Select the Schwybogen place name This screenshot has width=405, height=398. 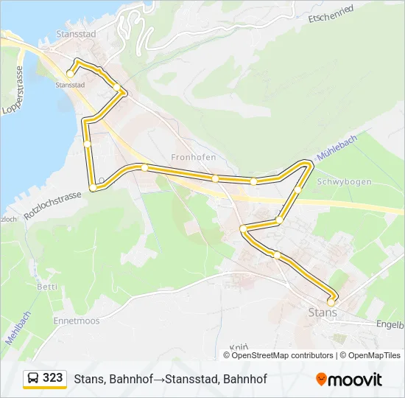pyautogui.click(x=344, y=181)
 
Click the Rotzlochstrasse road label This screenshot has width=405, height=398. pyautogui.click(x=52, y=205)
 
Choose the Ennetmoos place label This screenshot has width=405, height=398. pyautogui.click(x=76, y=321)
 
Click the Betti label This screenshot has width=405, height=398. pyautogui.click(x=46, y=287)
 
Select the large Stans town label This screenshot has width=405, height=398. pyautogui.click(x=322, y=313)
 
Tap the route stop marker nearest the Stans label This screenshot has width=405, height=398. pyautogui.click(x=331, y=301)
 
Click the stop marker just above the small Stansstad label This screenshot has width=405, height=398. pyautogui.click(x=70, y=74)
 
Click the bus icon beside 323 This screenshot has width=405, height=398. pyautogui.click(x=33, y=378)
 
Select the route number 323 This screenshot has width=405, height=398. pyautogui.click(x=53, y=377)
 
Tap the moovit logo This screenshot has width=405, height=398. pyautogui.click(x=349, y=379)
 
